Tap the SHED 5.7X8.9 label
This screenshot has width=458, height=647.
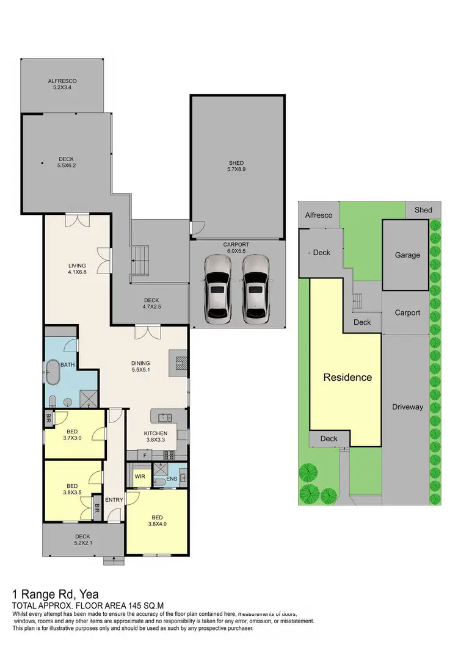coord(236,167)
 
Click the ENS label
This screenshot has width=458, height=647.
coord(172,479)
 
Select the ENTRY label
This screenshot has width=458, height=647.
coord(114,500)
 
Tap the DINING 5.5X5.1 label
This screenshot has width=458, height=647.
coord(141,365)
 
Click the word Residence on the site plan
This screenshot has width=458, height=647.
coord(347,377)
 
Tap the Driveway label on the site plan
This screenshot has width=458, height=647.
coord(407,407)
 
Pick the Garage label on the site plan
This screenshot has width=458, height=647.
coord(407,255)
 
